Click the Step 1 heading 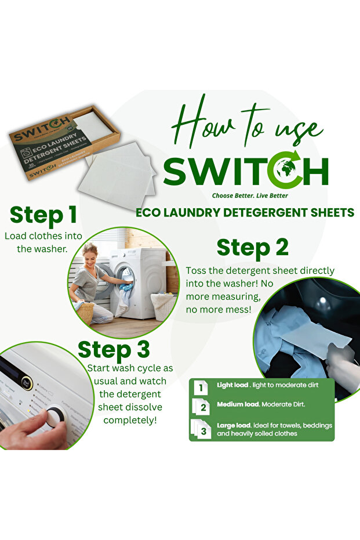(43, 215)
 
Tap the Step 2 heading (252, 248)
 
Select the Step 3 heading (114, 350)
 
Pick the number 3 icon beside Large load (203, 429)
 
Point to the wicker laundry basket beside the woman (86, 312)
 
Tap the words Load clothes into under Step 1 (43, 236)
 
